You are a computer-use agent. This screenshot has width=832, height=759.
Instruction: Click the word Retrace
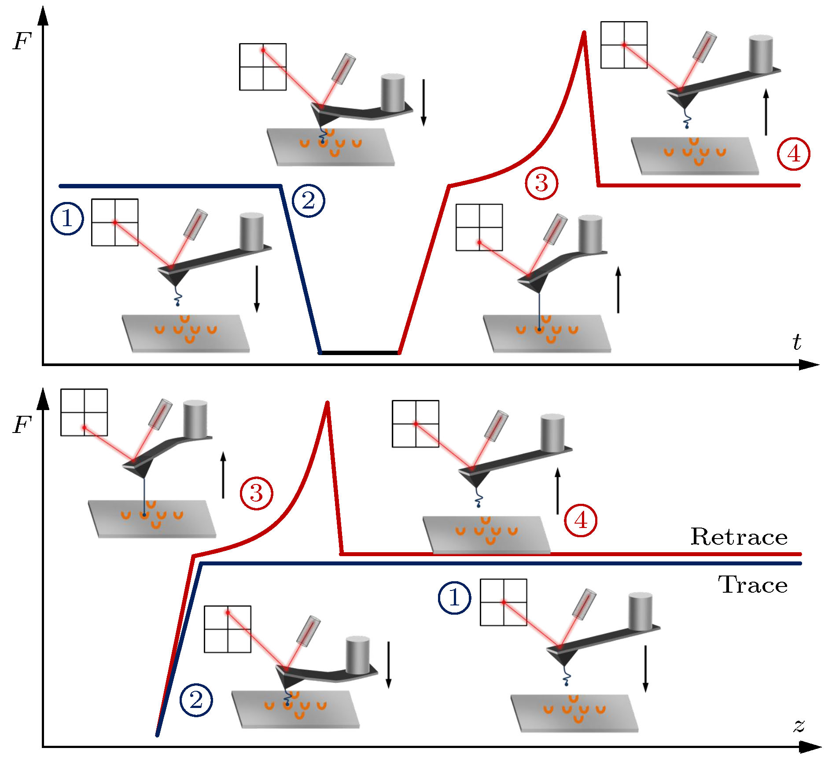739,537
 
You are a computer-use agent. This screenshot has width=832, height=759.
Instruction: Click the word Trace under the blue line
753,585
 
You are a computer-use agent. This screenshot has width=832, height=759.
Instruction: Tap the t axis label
797,342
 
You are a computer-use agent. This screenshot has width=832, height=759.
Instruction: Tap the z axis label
799,725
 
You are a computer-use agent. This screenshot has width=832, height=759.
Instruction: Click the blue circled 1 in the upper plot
67,218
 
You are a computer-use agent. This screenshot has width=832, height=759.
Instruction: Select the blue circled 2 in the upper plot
309,201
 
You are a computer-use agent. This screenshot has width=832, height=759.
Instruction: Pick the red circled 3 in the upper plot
541,183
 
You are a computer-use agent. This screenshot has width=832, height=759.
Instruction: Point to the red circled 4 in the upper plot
793,154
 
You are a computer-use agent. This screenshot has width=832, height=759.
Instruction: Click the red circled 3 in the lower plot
256,493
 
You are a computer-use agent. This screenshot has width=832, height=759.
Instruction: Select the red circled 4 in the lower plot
581,521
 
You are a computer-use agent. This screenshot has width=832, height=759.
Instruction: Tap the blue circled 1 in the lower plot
454,598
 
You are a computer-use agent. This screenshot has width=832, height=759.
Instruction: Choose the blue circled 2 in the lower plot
196,700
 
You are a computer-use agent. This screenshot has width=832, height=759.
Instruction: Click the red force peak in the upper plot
584,33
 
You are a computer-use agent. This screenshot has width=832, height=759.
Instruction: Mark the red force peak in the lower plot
327,403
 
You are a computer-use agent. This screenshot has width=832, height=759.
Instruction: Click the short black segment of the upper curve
360,352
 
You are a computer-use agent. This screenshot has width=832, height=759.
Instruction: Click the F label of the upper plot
22,42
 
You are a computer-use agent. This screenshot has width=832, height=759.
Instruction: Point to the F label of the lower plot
22,425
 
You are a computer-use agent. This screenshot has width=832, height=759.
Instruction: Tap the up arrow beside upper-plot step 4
766,112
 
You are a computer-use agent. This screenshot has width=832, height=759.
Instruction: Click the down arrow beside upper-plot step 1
257,289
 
